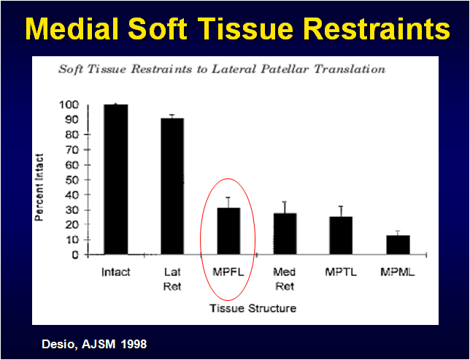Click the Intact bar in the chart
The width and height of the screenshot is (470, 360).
tap(115, 180)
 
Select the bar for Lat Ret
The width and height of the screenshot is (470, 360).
tap(172, 186)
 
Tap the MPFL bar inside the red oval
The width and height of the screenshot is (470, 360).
tap(228, 231)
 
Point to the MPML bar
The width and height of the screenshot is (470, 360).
tap(397, 245)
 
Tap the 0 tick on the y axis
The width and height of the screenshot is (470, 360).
tap(74, 255)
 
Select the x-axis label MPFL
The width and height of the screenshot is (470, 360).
tap(228, 272)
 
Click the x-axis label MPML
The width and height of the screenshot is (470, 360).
tap(397, 272)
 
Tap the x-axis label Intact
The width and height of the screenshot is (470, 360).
tap(115, 272)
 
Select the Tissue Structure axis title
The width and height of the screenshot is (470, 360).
tap(253, 308)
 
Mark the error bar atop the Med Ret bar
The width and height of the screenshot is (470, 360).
tap(285, 207)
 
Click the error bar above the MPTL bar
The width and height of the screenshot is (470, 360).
tap(341, 211)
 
